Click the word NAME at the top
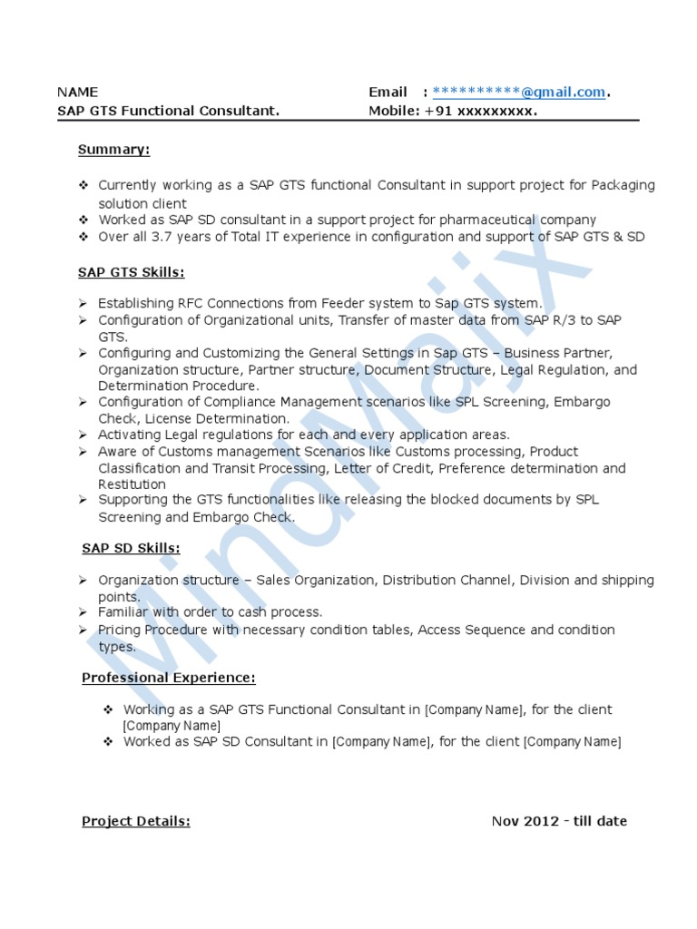[77, 92]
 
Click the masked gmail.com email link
[519, 92]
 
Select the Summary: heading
[113, 149]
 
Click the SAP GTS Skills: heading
[131, 271]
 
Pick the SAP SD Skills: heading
[131, 548]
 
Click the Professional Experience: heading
[169, 678]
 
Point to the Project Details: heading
[136, 821]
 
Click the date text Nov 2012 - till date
[559, 821]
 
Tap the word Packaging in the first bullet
[623, 185]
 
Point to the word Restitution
[133, 484]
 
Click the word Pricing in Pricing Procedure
[119, 630]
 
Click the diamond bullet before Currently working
[83, 185]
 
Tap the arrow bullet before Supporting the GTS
[83, 500]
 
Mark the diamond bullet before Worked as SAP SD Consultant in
[108, 741]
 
